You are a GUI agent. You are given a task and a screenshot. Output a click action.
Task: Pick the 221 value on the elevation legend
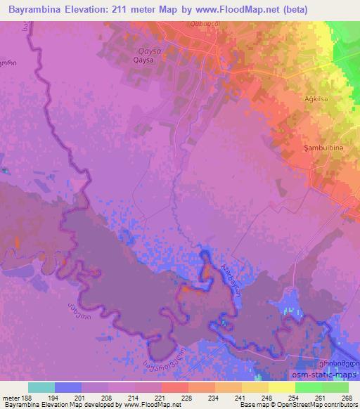pyautogui.click(x=162, y=397)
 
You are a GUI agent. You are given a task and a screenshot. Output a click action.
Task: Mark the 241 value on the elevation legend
pyautogui.click(x=242, y=397)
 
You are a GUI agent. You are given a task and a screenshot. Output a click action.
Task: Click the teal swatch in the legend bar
pyautogui.click(x=41, y=387)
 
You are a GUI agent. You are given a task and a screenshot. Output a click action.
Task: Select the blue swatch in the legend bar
pyautogui.click(x=68, y=387)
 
